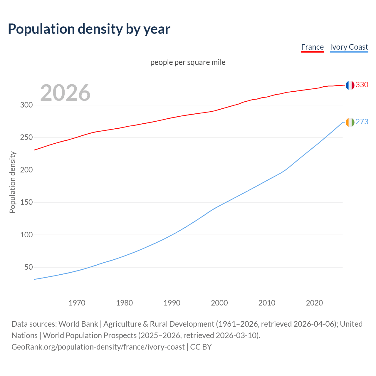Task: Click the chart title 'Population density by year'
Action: pyautogui.click(x=89, y=29)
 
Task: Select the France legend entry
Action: pyautogui.click(x=312, y=47)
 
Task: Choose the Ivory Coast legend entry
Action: pyautogui.click(x=349, y=47)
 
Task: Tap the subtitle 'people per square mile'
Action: pyautogui.click(x=188, y=62)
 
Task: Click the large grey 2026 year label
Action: pyautogui.click(x=65, y=93)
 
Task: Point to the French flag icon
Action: pyautogui.click(x=350, y=85)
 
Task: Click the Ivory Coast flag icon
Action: pyautogui.click(x=350, y=122)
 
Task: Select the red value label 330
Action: pyautogui.click(x=362, y=85)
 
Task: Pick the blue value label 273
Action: pyautogui.click(x=362, y=122)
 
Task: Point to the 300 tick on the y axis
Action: pyautogui.click(x=26, y=105)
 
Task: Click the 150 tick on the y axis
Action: pyautogui.click(x=26, y=202)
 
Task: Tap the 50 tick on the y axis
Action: pyautogui.click(x=28, y=267)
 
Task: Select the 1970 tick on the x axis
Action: pyautogui.click(x=77, y=303)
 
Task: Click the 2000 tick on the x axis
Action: pyautogui.click(x=219, y=303)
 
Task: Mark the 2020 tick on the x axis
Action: pyautogui.click(x=314, y=303)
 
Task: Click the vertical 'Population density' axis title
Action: pyautogui.click(x=12, y=182)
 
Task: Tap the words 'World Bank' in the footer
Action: pyautogui.click(x=78, y=324)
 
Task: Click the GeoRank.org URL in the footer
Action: pyautogui.click(x=98, y=347)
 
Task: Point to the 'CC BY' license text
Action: pyautogui.click(x=201, y=347)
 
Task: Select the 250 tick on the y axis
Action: pyautogui.click(x=26, y=137)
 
